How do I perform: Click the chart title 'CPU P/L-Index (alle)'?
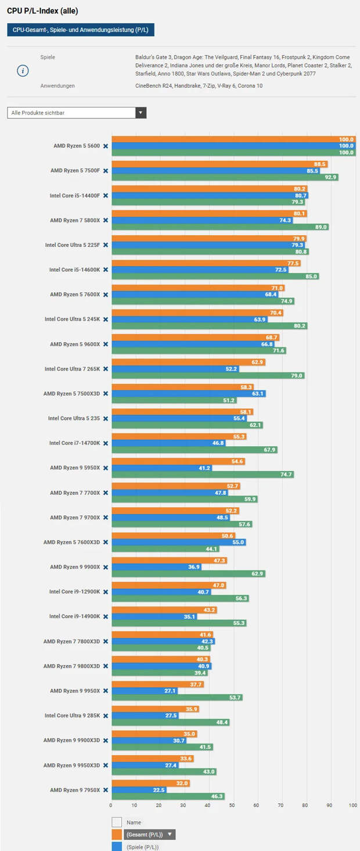coord(42,11)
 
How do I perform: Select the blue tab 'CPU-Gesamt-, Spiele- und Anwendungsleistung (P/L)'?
coord(81,30)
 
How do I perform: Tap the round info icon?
coord(23,71)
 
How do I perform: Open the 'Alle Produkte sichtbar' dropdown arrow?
coord(141,113)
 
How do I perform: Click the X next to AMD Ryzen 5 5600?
coord(105,146)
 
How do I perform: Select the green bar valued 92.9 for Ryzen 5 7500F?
coord(225,177)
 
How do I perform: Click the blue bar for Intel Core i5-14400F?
coord(210,196)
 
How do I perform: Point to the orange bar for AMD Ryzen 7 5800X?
coord(209,214)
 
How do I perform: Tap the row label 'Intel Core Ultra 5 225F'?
coord(73,245)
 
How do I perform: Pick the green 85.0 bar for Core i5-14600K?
coord(215,276)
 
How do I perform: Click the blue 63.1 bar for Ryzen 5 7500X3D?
coord(188,393)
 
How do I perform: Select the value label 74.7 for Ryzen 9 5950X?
coord(286,475)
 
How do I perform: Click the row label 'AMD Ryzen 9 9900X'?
coord(75,567)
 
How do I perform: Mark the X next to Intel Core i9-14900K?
coord(105,616)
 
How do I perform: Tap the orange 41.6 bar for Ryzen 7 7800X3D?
coord(162,635)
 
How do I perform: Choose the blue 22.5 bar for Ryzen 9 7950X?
coord(139,789)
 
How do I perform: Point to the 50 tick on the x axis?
coord(232,805)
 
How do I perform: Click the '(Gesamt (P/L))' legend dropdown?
coord(149,835)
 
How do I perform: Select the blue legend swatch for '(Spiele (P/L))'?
coord(117,846)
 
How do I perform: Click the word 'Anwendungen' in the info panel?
coord(57,86)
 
